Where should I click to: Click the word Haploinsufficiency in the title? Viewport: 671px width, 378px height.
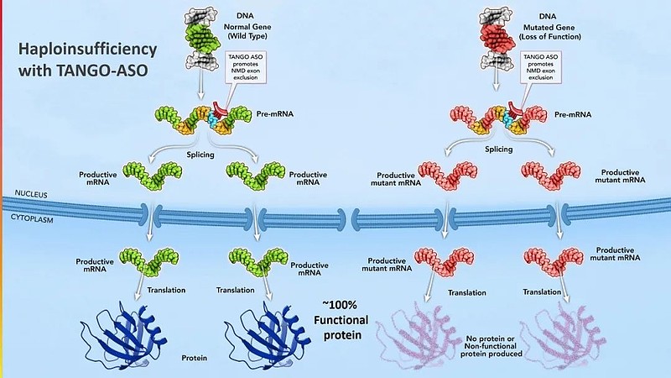pyautogui.click(x=88, y=50)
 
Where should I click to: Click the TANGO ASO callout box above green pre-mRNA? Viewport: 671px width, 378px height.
pyautogui.click(x=246, y=67)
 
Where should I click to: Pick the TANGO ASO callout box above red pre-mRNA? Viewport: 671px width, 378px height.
pyautogui.click(x=540, y=67)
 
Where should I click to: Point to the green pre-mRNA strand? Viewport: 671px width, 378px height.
pyautogui.click(x=203, y=118)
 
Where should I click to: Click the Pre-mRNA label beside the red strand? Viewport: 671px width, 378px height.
pyautogui.click(x=573, y=115)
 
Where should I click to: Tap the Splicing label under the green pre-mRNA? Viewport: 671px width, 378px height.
pyautogui.click(x=200, y=155)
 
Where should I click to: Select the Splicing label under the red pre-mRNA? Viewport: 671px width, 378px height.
pyautogui.click(x=498, y=150)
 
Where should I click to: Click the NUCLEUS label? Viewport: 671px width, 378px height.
pyautogui.click(x=31, y=194)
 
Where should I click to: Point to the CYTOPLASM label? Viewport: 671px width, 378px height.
pyautogui.click(x=32, y=218)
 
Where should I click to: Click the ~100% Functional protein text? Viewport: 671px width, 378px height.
pyautogui.click(x=341, y=320)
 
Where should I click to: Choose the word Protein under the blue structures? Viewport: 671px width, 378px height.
pyautogui.click(x=195, y=358)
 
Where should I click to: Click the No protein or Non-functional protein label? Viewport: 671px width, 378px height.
pyautogui.click(x=492, y=346)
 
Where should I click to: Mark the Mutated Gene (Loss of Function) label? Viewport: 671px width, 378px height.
pyautogui.click(x=550, y=32)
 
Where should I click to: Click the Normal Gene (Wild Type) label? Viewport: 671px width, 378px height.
pyautogui.click(x=247, y=31)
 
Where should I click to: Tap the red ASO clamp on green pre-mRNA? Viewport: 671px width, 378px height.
pyautogui.click(x=219, y=110)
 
